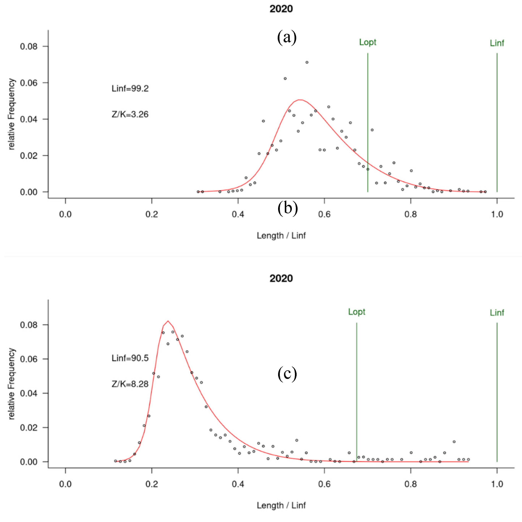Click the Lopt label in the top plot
click(367, 42)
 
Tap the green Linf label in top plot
click(497, 43)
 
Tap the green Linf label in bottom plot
click(497, 313)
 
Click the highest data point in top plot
click(307, 62)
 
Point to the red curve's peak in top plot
click(300, 100)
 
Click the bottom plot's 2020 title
click(281, 278)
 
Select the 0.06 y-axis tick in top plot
click(29, 83)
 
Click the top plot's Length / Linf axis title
click(281, 236)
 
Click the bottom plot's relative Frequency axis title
click(11, 384)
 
